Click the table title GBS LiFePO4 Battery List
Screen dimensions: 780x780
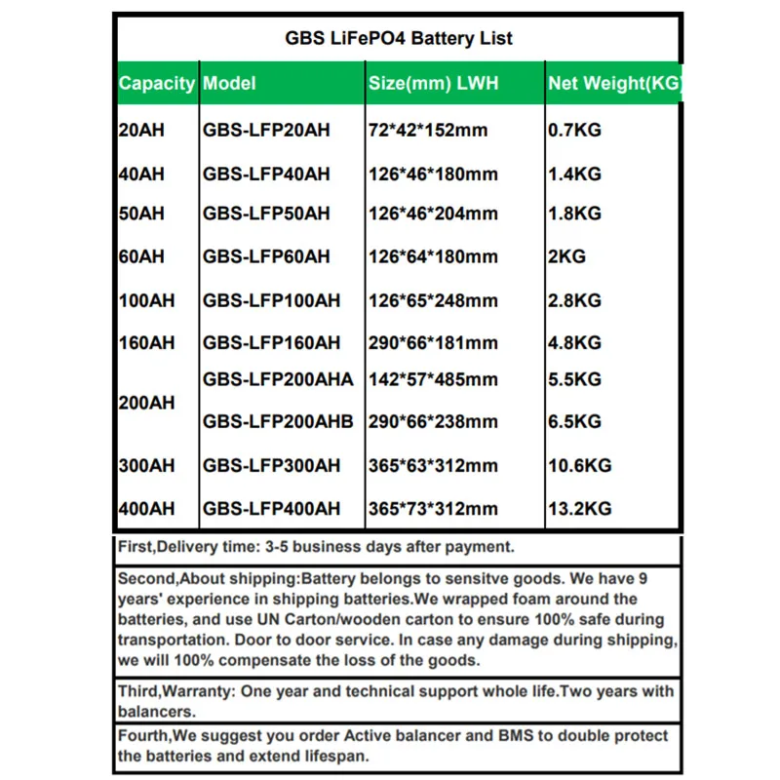coord(398,39)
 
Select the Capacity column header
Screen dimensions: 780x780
coord(156,84)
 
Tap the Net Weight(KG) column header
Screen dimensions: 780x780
coord(614,84)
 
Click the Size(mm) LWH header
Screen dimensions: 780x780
coord(434,84)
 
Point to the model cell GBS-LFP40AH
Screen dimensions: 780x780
coord(266,175)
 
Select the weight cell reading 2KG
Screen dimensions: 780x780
coord(567,257)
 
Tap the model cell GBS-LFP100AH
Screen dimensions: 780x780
coord(272,301)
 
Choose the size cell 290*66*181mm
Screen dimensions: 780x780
coord(434,343)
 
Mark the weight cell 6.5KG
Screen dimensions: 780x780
coord(574,422)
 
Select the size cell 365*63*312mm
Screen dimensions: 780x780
coord(434,466)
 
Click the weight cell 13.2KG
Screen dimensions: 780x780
coord(579,509)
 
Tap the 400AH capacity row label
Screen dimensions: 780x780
coord(146,509)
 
